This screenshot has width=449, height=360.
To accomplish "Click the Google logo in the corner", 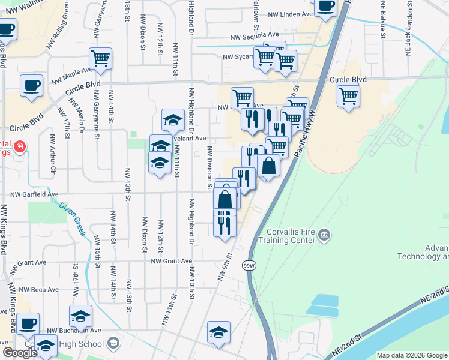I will coord(20,353).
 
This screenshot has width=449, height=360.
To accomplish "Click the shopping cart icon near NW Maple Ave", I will coord(101,59).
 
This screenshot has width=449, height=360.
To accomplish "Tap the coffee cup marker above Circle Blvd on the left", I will coord(31,85).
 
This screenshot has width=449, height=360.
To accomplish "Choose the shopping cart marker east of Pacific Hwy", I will coord(348,95).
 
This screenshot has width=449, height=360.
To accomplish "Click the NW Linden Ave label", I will coord(291,14).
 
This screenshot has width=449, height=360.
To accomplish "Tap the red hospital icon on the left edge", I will coord(20,146).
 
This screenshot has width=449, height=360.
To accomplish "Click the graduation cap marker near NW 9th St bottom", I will coord(219,332).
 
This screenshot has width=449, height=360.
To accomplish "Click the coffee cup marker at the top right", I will coord(325,7).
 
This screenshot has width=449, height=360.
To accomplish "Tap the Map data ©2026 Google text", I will coord(412,355).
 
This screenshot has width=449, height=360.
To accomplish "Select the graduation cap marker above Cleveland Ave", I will coord(173,120).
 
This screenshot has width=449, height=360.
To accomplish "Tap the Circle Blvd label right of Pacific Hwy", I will coord(348,79).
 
